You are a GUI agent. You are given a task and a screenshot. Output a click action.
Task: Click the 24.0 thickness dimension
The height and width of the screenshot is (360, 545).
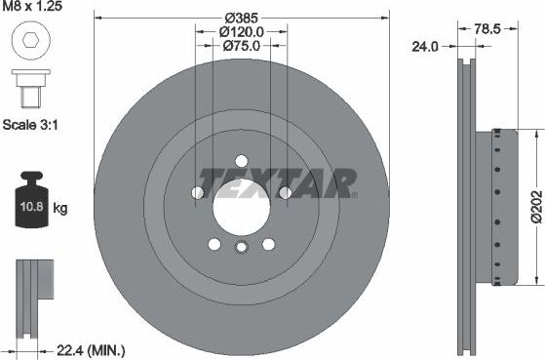(x=424, y=45)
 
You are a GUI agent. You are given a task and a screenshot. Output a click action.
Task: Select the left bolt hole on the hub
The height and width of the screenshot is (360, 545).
(x=198, y=193)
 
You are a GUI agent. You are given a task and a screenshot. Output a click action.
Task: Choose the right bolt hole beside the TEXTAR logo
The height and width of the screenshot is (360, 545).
(x=285, y=193)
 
